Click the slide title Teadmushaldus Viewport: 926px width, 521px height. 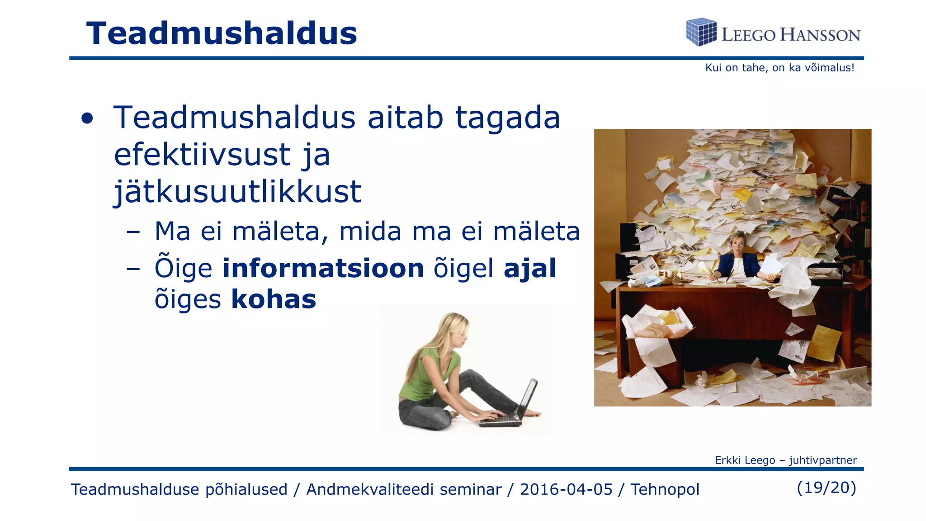pos(222,33)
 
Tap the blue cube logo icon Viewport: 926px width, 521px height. pos(701,32)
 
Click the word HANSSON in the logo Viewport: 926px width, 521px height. pos(820,35)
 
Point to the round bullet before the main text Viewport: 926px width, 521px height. pos(87,119)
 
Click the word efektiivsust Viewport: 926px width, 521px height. pos(202,155)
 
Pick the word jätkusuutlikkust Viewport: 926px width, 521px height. pos(237,192)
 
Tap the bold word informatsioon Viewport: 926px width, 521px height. pos(323,268)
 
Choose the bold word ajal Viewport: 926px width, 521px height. pos(530,268)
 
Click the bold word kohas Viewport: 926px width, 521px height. pos(274,299)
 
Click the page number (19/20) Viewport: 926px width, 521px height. pos(827,488)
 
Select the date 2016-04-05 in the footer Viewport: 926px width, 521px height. pos(566,489)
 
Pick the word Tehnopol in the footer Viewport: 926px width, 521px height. pos(665,489)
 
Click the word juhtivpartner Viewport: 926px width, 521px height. pos(823,460)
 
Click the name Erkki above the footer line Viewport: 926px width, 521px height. pos(728,460)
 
